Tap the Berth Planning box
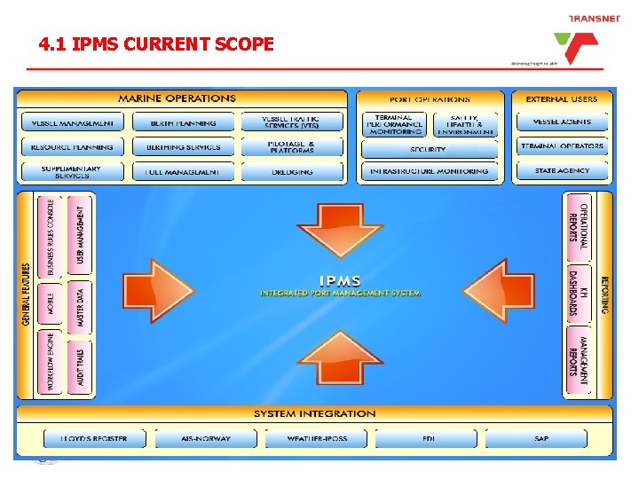click(185, 122)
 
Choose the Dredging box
click(293, 170)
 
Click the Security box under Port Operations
click(429, 149)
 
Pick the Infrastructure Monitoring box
click(429, 170)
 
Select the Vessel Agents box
click(562, 122)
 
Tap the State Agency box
click(562, 170)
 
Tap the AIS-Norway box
click(207, 438)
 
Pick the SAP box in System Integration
click(540, 438)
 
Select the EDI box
click(428, 438)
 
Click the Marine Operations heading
click(177, 98)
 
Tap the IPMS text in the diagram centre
click(341, 280)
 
